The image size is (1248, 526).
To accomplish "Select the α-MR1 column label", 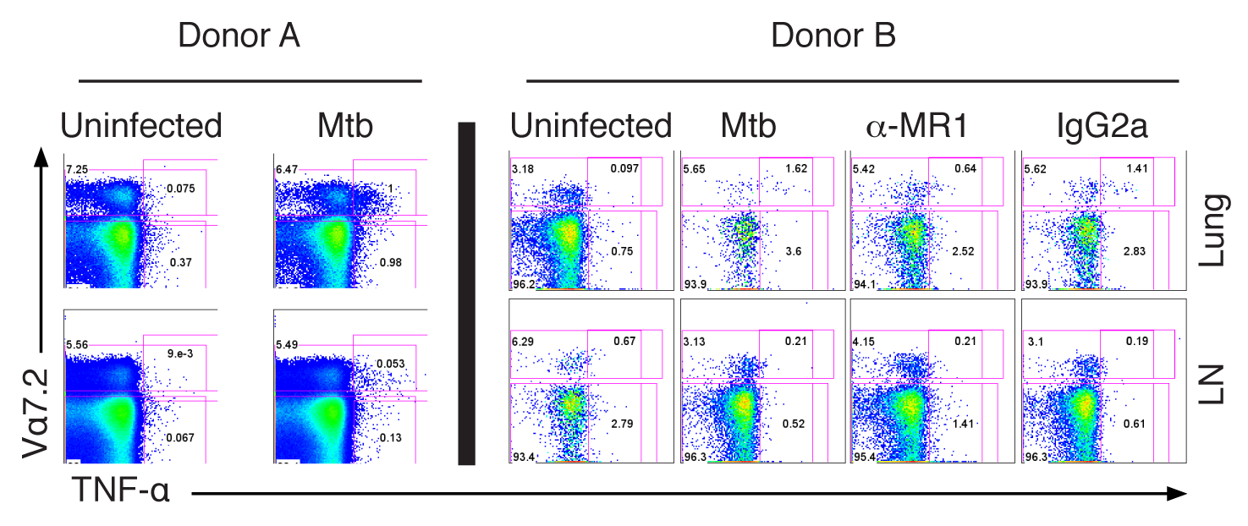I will (919, 126).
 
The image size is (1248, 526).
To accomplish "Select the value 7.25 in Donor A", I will (77, 171).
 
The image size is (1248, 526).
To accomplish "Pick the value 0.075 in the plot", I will (181, 189).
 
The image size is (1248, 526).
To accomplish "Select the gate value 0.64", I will (965, 168).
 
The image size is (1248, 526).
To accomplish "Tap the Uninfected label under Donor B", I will (591, 126).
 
